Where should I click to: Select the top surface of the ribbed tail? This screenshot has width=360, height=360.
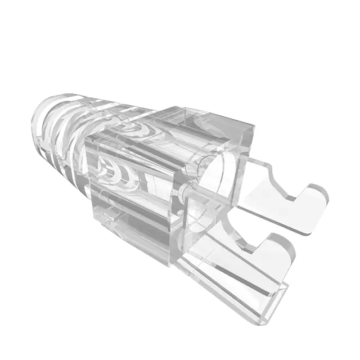coord(84,104)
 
